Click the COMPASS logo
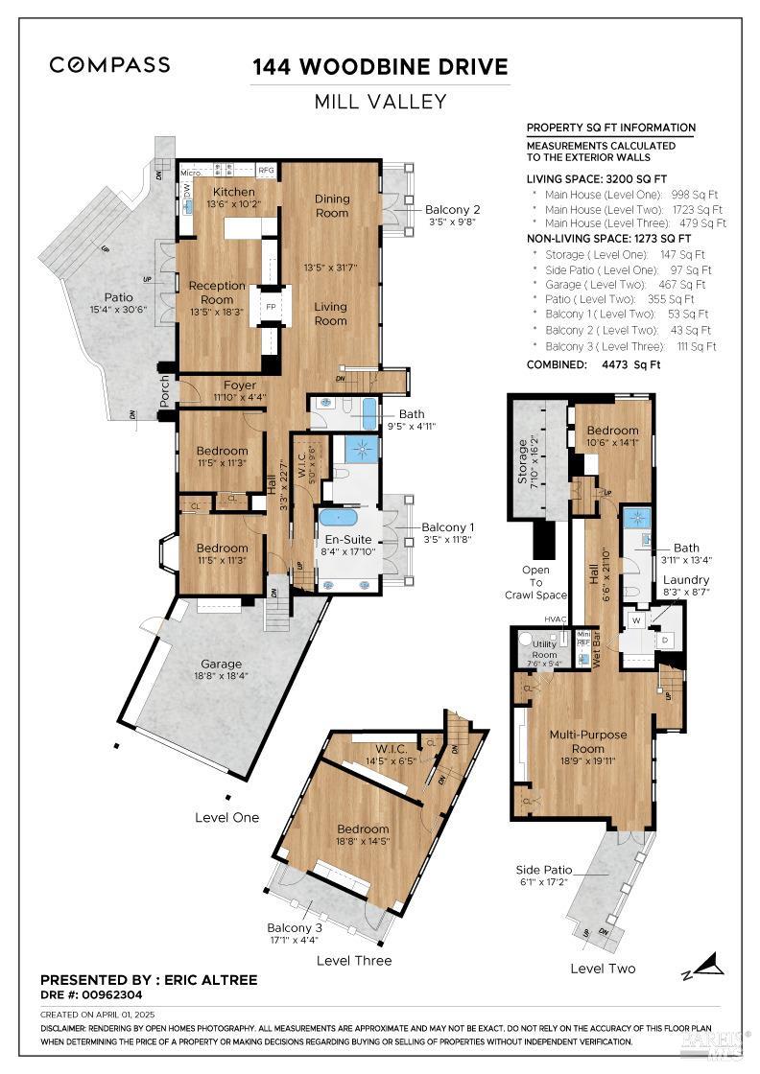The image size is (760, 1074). click(x=109, y=65)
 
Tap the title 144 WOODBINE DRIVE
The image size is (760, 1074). click(x=380, y=67)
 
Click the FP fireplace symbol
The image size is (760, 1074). click(x=271, y=308)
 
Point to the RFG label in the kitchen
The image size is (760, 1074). click(x=267, y=170)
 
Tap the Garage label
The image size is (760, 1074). click(x=221, y=664)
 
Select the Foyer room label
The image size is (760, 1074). click(x=240, y=385)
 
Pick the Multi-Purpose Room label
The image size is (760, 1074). click(x=588, y=741)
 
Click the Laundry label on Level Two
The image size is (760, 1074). click(x=686, y=580)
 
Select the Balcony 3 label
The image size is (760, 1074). click(x=295, y=927)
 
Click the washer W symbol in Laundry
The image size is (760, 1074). click(x=634, y=620)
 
